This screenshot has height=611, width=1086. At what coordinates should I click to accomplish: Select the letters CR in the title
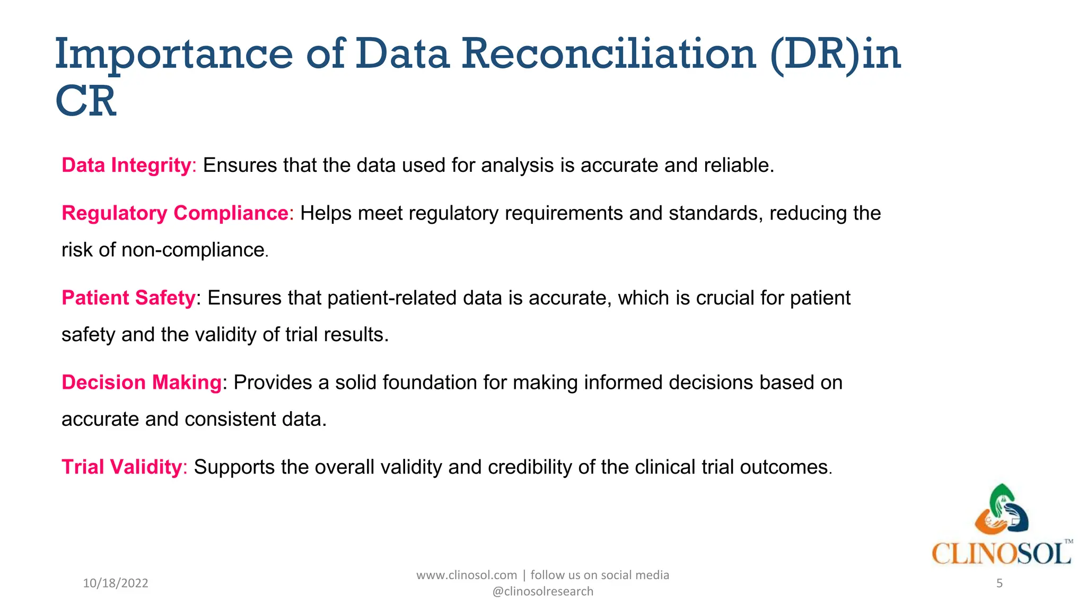[x=85, y=102]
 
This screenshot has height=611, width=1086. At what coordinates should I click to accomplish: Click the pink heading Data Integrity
[x=126, y=165]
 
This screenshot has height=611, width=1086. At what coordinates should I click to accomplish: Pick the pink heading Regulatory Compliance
[x=175, y=213]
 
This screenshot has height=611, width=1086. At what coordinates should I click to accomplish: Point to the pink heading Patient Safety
[x=128, y=298]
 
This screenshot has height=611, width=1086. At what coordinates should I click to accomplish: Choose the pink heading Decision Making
[x=141, y=382]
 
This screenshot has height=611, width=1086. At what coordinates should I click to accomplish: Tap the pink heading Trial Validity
[x=121, y=467]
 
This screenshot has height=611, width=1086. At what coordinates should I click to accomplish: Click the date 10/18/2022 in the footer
[x=116, y=583]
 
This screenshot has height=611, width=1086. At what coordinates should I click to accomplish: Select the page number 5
[x=999, y=583]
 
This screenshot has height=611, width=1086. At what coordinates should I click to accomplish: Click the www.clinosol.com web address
[x=466, y=575]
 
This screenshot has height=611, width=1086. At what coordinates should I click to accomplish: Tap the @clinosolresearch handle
[x=542, y=591]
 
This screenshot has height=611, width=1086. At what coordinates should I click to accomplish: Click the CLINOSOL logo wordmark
[x=1000, y=554]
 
